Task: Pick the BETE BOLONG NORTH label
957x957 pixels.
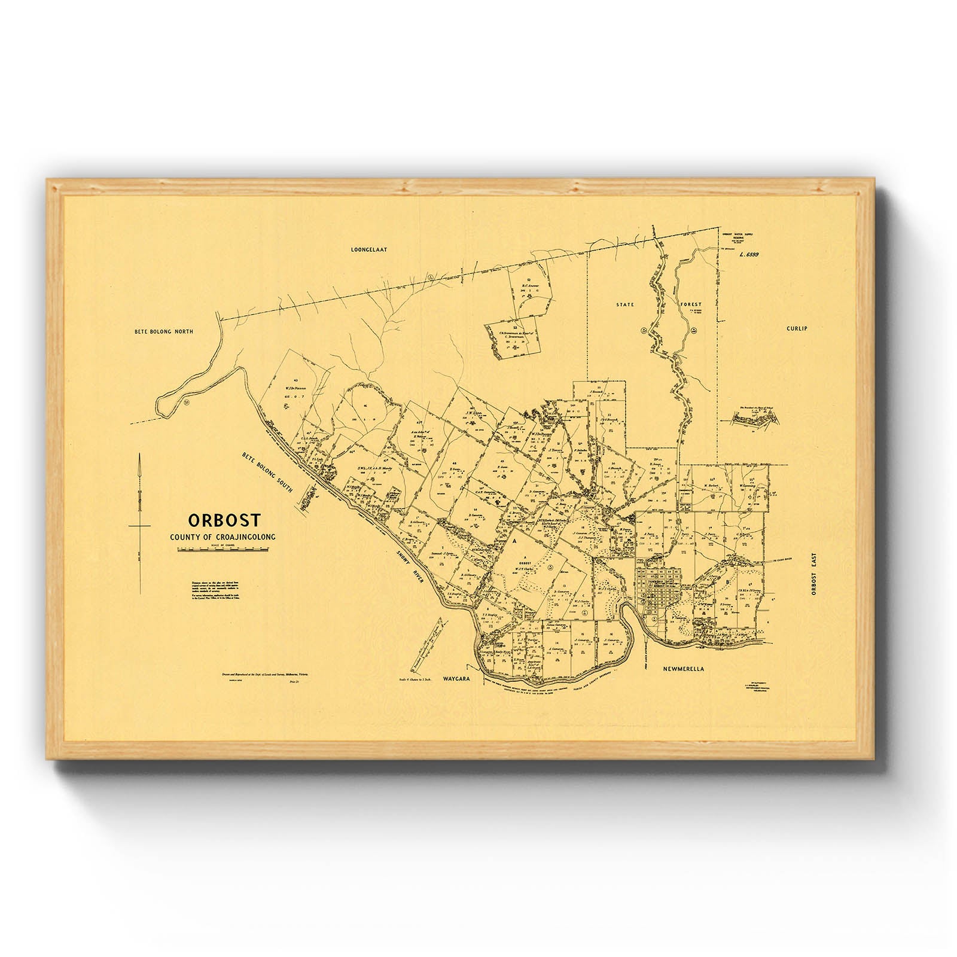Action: pos(164,331)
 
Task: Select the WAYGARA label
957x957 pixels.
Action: pos(458,680)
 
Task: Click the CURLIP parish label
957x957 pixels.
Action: pos(797,328)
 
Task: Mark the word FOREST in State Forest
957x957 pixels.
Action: pos(691,304)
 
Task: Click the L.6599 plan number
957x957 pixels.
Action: pos(748,254)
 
